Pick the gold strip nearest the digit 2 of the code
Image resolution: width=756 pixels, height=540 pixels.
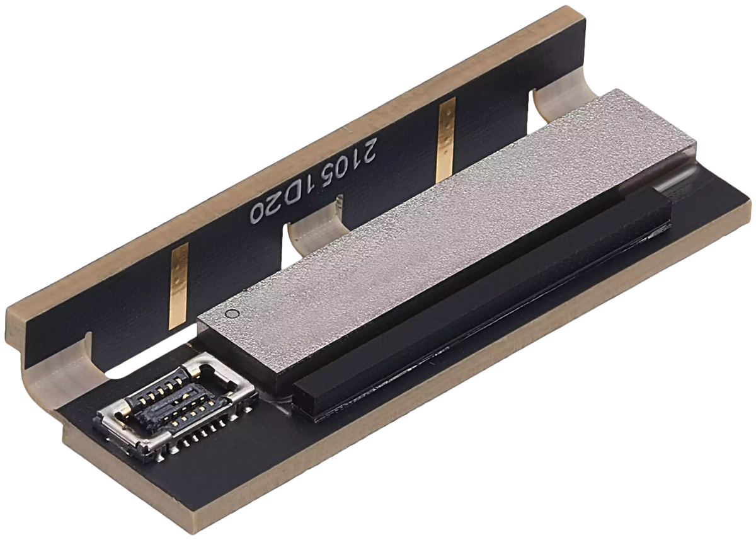(x=445, y=141)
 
